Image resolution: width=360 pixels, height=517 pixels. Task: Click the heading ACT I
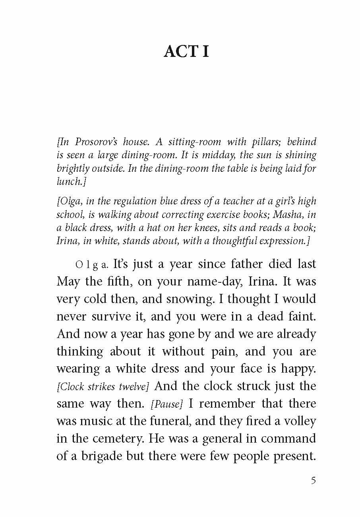pyautogui.click(x=186, y=52)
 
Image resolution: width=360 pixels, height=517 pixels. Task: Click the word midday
pyautogui.click(x=214, y=155)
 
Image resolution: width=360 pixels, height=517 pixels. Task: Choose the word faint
pyautogui.click(x=303, y=317)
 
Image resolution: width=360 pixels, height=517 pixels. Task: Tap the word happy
pyautogui.click(x=298, y=369)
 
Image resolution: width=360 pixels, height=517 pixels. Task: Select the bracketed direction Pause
pyautogui.click(x=166, y=404)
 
